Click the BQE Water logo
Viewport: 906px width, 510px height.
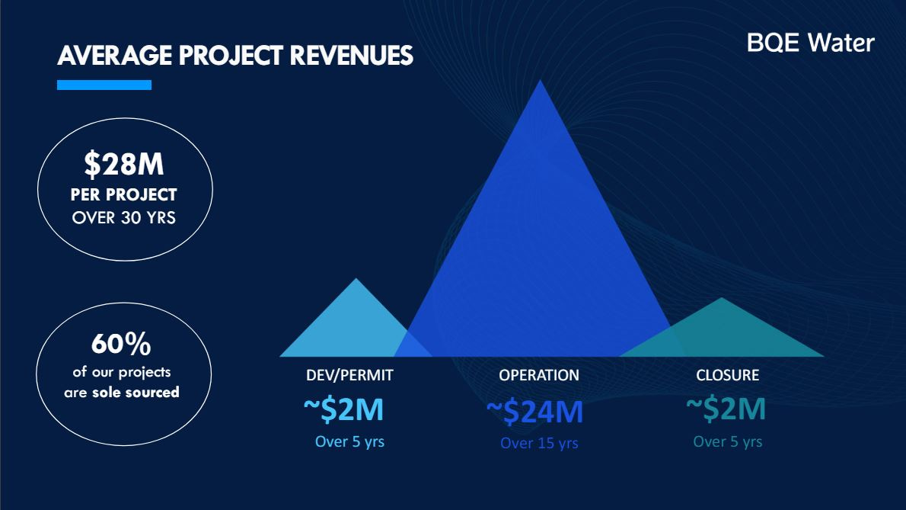(810, 43)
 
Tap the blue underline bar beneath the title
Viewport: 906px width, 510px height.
(104, 85)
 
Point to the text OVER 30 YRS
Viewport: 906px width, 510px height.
(124, 218)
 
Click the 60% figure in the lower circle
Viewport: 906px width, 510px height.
(121, 345)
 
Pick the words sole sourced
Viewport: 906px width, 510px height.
(136, 393)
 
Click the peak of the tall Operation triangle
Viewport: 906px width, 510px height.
(541, 82)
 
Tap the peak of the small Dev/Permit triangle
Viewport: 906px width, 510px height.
(356, 281)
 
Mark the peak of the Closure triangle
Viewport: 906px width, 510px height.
(721, 300)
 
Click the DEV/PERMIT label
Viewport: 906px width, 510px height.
(349, 376)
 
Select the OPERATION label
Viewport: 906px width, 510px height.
(539, 376)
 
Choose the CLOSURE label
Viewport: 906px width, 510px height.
(727, 376)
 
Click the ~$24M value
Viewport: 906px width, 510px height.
(534, 412)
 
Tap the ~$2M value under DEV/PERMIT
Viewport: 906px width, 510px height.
(343, 410)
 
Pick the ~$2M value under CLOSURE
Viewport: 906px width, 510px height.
(726, 410)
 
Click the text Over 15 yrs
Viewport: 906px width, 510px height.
(539, 443)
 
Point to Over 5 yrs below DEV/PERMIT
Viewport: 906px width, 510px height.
(349, 441)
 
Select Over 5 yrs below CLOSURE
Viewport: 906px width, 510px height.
(727, 441)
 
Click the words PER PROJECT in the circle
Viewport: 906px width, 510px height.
(124, 194)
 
